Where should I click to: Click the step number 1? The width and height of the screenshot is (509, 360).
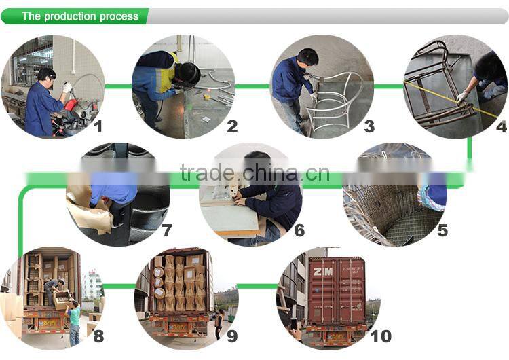click(x=98, y=126)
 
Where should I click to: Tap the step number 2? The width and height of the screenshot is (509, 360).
click(x=232, y=126)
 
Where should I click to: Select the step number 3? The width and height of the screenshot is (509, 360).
click(x=369, y=126)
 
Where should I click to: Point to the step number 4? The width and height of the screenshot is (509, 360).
click(x=501, y=126)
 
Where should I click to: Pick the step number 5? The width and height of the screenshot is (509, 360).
click(x=442, y=231)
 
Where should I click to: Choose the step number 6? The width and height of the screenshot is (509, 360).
click(x=299, y=231)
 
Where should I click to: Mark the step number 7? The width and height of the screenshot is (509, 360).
click(x=167, y=231)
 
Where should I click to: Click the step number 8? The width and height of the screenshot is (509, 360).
click(x=98, y=336)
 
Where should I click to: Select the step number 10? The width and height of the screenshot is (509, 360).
click(x=381, y=336)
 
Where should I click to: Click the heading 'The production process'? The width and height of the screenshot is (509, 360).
click(x=79, y=16)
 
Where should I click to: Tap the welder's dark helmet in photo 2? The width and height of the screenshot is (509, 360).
click(x=184, y=73)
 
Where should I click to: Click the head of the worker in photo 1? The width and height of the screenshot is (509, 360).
click(x=46, y=74)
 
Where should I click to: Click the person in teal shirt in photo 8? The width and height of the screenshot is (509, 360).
click(x=74, y=316)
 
